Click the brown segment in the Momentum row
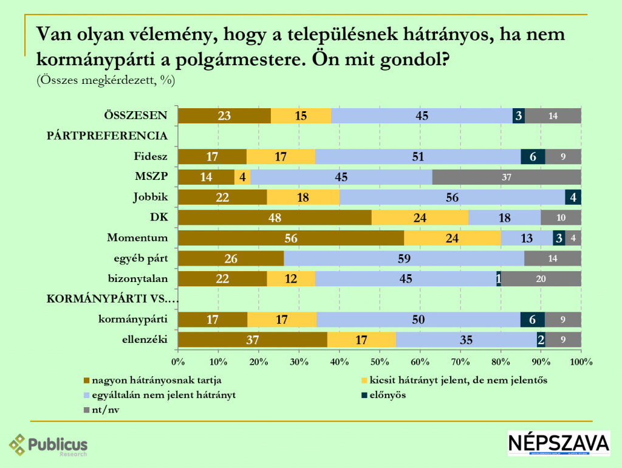[290, 238]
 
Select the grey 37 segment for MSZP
[507, 177]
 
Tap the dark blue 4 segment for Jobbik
[573, 198]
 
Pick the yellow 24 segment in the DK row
[420, 218]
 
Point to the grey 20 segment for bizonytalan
[541, 279]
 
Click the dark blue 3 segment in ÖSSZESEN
[518, 115]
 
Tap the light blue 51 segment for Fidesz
[418, 156]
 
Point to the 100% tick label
[581, 362]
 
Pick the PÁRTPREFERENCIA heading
[107, 136]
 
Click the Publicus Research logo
[49, 445]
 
